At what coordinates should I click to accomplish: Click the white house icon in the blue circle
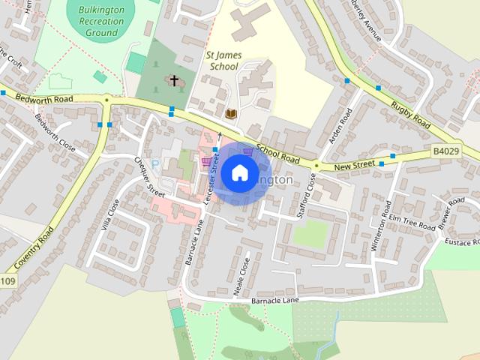click(239, 173)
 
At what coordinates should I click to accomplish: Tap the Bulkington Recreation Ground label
click(101, 22)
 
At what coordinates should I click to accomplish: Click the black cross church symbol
click(175, 80)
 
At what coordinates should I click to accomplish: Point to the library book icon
click(231, 113)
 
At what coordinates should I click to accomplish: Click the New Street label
click(353, 165)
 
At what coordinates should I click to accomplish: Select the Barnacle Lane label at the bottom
click(274, 300)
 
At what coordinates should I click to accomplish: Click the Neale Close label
click(241, 278)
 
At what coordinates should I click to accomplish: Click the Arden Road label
click(340, 127)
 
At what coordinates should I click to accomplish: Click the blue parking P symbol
click(156, 163)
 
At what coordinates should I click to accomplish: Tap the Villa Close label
click(110, 216)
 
